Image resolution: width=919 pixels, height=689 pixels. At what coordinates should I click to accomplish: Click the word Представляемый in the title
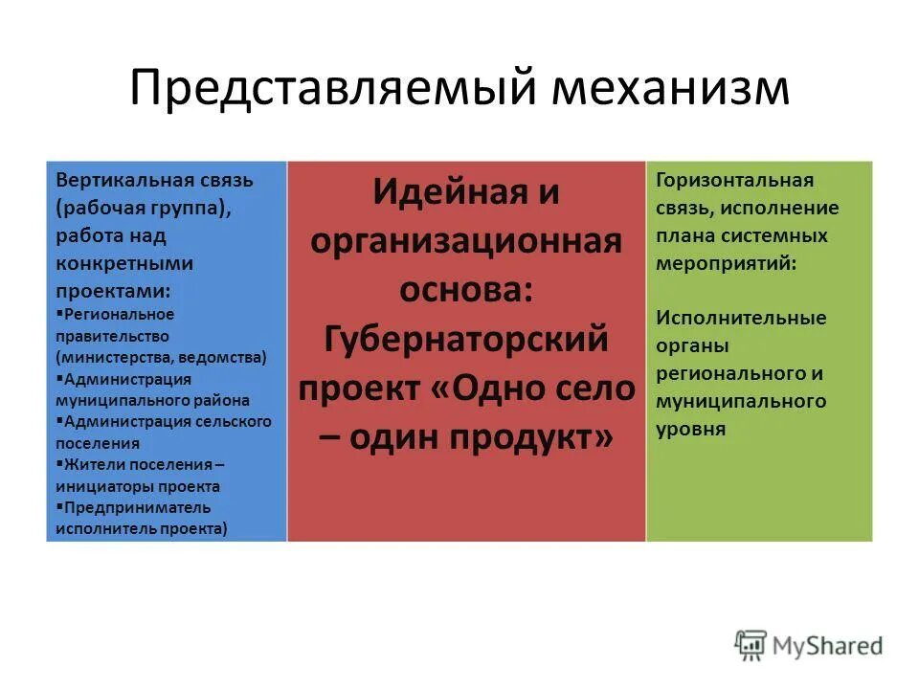click(x=330, y=89)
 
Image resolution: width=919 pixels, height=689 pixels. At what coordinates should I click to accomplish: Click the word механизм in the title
click(x=670, y=89)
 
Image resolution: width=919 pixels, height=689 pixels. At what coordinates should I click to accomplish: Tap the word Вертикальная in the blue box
click(x=114, y=180)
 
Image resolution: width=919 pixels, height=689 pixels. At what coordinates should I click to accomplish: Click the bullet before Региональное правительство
click(x=59, y=314)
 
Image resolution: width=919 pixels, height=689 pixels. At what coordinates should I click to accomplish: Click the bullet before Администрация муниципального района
click(x=59, y=379)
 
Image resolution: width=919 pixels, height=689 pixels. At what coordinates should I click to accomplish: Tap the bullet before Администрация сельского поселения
click(x=59, y=421)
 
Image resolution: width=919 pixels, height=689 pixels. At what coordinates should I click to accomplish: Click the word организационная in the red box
click(x=466, y=239)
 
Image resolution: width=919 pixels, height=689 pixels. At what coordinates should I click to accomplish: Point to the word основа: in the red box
click(x=466, y=289)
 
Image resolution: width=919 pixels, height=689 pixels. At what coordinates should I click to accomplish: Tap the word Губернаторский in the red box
click(x=466, y=338)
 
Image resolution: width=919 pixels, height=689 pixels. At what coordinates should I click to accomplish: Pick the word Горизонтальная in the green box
click(x=734, y=180)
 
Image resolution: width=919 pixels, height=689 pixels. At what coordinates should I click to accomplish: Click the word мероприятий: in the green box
click(x=725, y=262)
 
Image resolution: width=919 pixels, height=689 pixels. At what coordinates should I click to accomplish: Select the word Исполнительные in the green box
click(x=741, y=318)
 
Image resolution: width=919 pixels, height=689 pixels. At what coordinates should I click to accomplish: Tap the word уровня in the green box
click(x=690, y=430)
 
